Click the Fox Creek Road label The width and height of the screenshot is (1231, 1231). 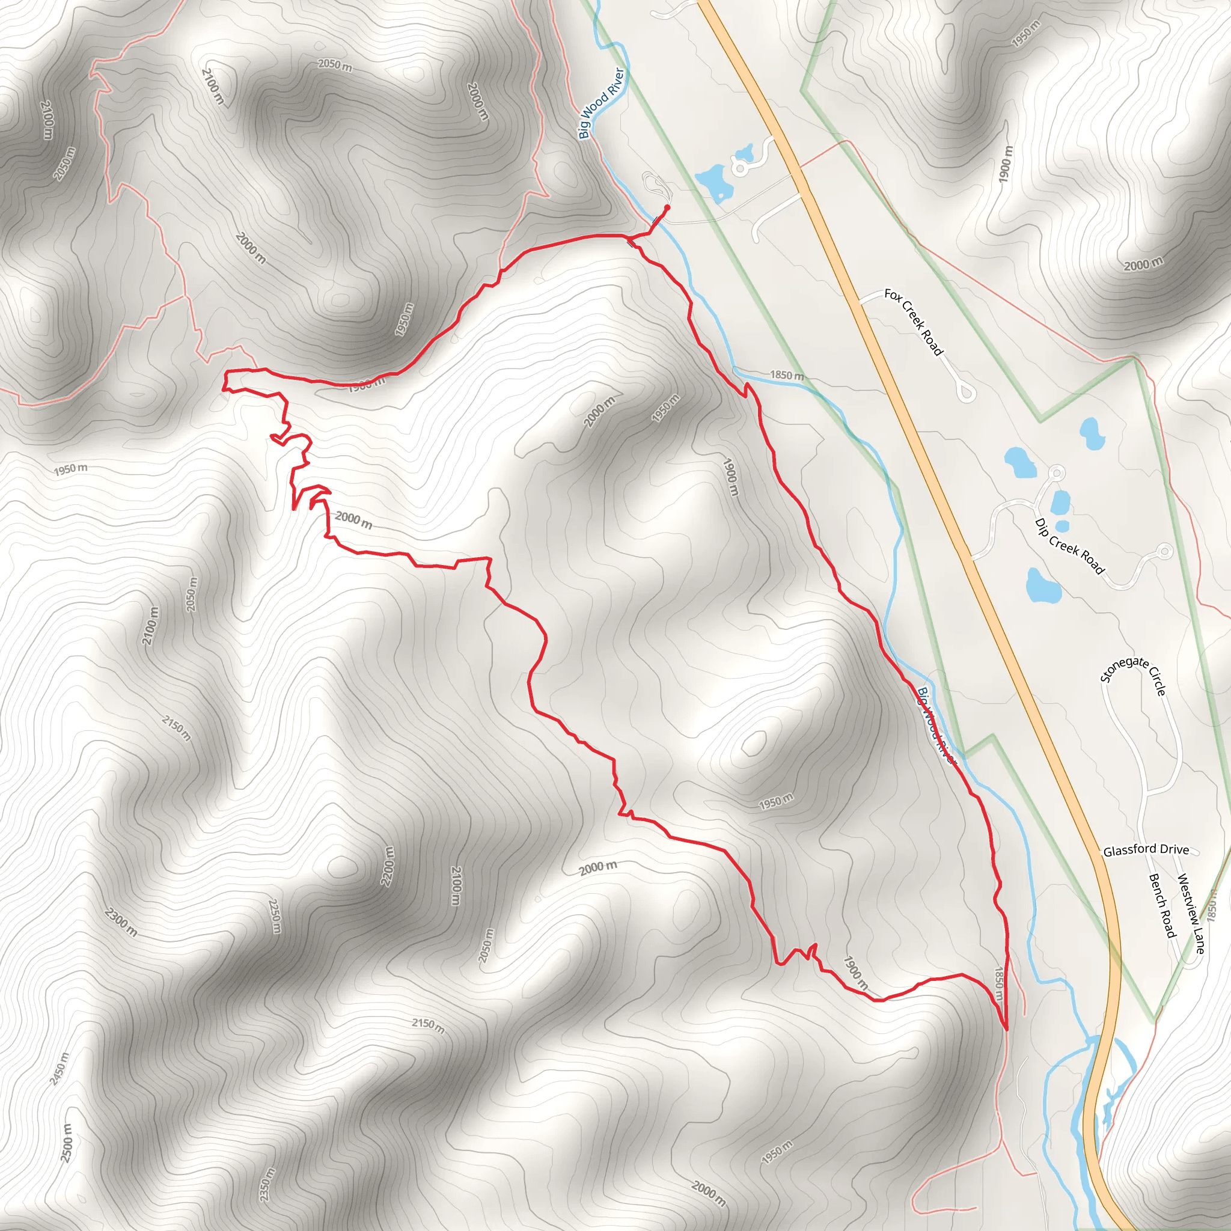tap(913, 322)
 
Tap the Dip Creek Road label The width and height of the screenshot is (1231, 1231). tap(1070, 546)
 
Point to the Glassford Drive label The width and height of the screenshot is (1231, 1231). tap(1146, 849)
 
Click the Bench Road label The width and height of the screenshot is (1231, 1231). tap(1161, 905)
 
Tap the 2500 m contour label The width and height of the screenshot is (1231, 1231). tap(66, 1143)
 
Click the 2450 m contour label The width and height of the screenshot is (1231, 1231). tap(59, 1069)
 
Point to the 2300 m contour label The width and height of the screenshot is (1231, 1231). tap(120, 922)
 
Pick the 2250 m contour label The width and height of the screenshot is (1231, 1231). tap(275, 915)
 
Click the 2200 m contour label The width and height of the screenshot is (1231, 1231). tap(388, 866)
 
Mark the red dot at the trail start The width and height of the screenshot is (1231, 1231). tap(667, 208)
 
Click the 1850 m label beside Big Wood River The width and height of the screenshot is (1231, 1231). tap(787, 375)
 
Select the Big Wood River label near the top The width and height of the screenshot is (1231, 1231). tap(601, 103)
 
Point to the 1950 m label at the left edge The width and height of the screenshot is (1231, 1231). tap(70, 469)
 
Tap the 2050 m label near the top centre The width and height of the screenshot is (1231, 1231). tap(335, 65)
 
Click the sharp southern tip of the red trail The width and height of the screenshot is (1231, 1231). tap(1006, 1028)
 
